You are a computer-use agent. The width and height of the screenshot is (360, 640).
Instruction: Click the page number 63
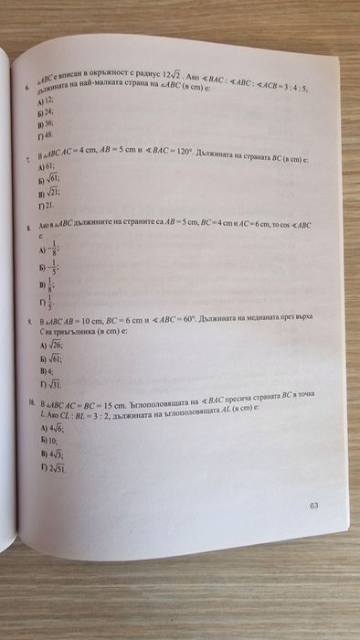click(x=313, y=506)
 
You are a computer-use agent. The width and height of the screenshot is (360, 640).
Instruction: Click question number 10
click(x=31, y=402)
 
